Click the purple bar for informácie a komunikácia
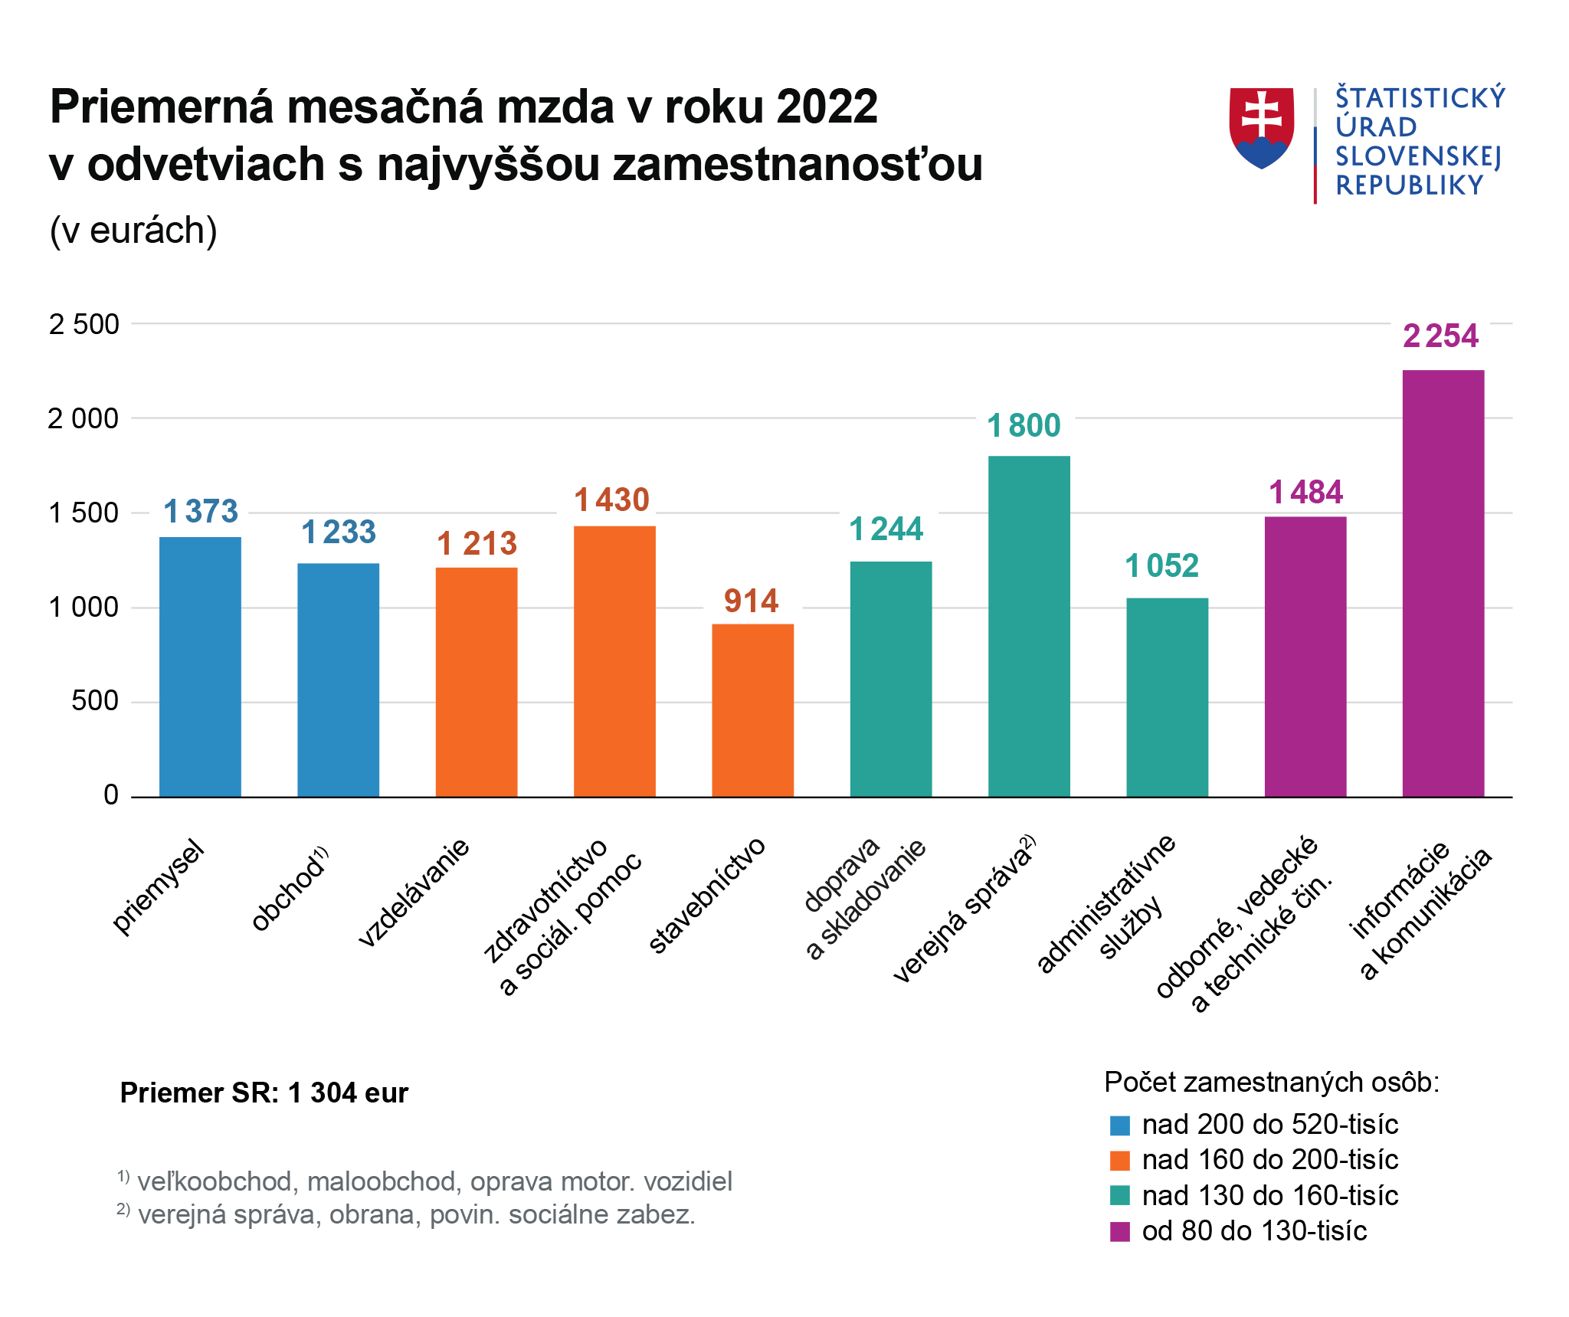tap(1443, 582)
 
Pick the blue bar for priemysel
tap(200, 667)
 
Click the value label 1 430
tap(611, 500)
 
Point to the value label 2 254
tap(1440, 336)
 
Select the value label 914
tap(751, 601)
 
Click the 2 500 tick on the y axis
tap(84, 324)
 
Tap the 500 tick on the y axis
tap(95, 701)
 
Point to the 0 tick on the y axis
tap(111, 795)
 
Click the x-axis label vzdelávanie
tap(414, 893)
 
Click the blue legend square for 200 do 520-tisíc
tap(1119, 1125)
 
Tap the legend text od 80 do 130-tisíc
tap(1253, 1230)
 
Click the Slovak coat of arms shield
tap(1261, 126)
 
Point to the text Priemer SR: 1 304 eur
tap(264, 1093)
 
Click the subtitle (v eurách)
tap(133, 231)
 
